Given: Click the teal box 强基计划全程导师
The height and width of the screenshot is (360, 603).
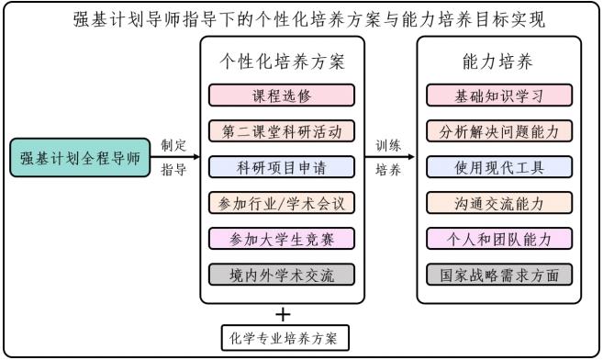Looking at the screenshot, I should [x=80, y=158].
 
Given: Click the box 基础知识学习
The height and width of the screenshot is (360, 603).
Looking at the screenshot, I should [x=499, y=96].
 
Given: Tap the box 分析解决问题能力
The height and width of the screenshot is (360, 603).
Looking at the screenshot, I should [x=499, y=131].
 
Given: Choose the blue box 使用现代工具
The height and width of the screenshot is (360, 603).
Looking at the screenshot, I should [x=499, y=167].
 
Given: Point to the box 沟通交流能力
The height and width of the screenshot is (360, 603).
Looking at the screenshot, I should [x=499, y=203].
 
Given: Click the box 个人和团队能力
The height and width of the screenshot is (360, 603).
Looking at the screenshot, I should [x=499, y=239].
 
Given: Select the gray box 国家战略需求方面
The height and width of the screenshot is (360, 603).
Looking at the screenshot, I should [x=499, y=275].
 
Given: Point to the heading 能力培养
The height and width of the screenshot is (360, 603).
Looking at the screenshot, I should [x=499, y=62].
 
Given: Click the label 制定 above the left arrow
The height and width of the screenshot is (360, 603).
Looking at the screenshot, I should [x=173, y=145].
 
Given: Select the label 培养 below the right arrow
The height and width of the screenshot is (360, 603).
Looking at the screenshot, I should [x=387, y=170].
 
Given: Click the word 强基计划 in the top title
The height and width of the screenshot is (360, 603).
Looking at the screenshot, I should [x=106, y=17].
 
